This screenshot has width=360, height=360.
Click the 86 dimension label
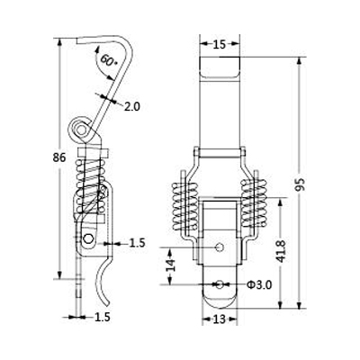point(59,157)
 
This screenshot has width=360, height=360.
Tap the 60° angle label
point(108,60)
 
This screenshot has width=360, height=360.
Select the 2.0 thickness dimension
point(132,106)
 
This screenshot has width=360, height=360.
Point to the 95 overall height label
point(301,184)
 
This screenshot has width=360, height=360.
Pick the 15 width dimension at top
point(220,44)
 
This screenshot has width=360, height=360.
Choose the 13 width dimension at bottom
point(220,319)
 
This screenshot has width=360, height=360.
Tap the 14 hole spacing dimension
point(170,265)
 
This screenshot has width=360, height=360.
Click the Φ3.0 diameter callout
point(259,284)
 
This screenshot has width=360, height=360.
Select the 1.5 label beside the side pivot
point(137,243)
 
